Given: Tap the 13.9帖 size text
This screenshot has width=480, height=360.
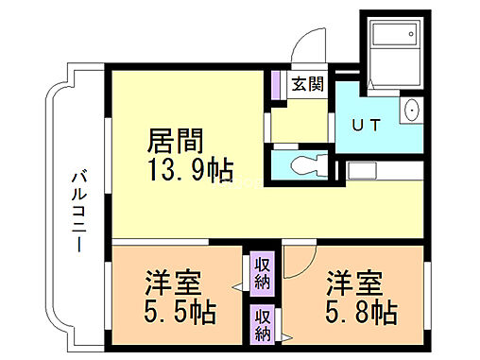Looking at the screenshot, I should click(189, 172).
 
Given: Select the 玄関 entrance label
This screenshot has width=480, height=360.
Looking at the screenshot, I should click(307, 84).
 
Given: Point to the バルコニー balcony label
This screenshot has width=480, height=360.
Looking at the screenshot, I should click(78, 209).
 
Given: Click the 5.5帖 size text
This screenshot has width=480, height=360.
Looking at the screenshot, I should click(179, 311).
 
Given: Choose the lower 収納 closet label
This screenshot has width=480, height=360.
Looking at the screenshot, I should click(262, 324).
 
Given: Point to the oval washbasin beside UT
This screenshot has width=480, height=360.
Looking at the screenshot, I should click(411, 111).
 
